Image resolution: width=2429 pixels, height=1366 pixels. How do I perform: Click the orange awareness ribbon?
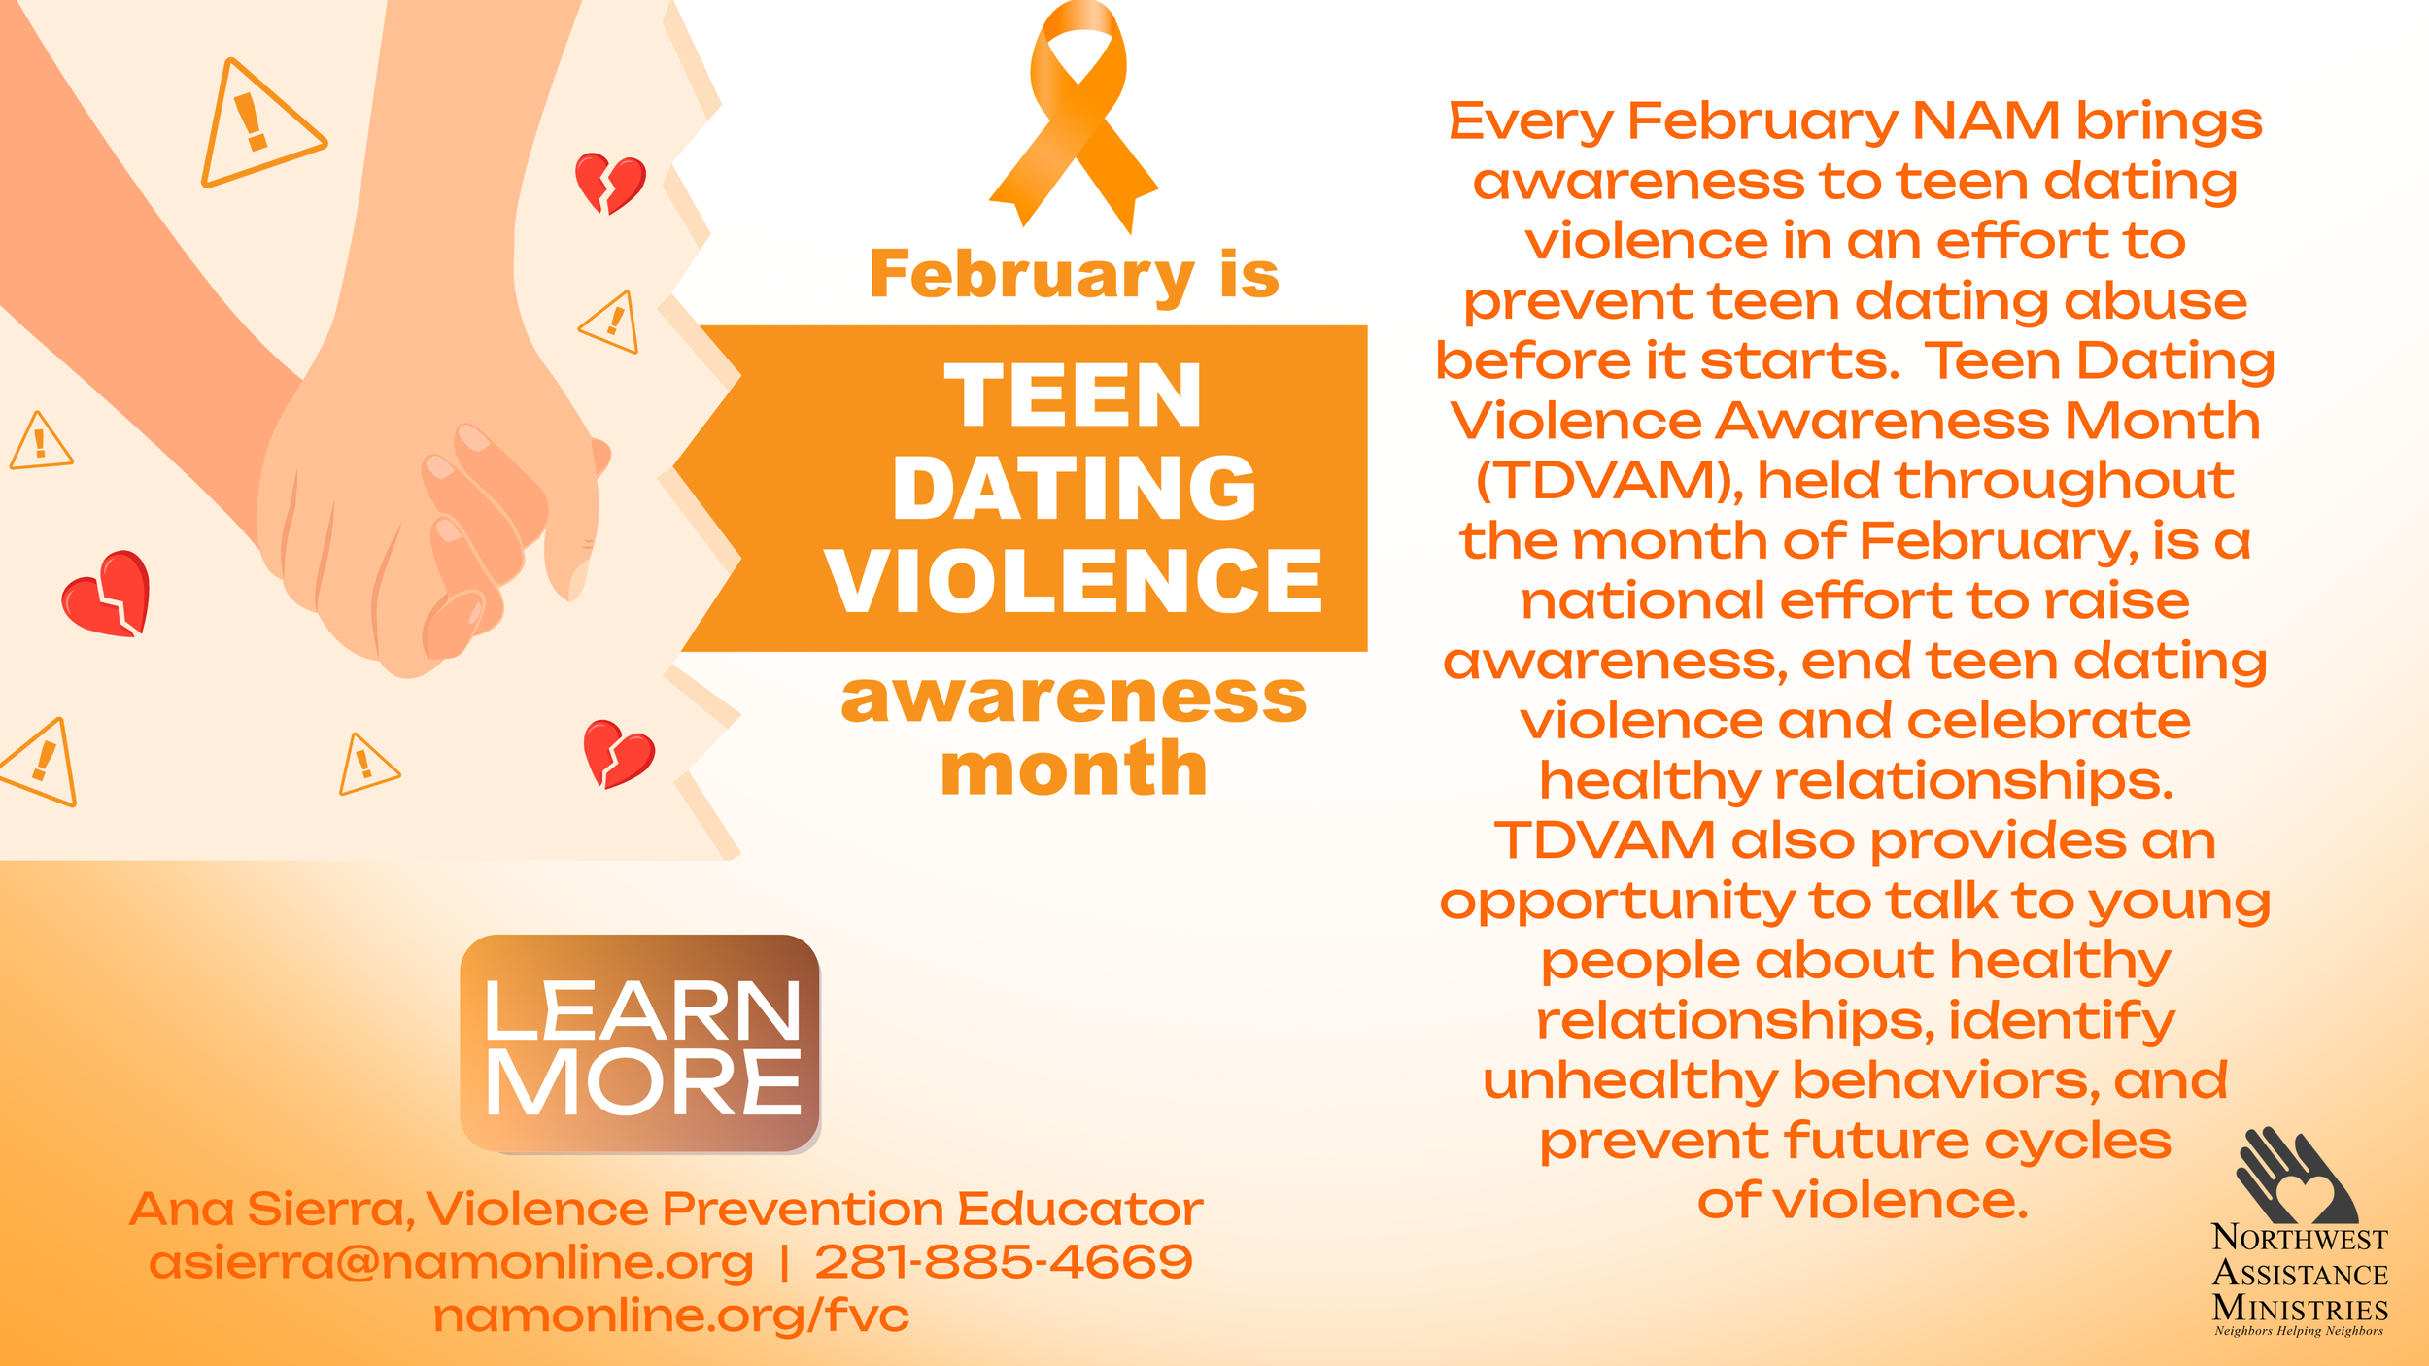[x=1074, y=117]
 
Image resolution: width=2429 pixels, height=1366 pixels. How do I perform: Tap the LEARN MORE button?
[x=640, y=1044]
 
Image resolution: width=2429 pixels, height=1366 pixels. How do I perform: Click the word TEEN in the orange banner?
[x=1073, y=395]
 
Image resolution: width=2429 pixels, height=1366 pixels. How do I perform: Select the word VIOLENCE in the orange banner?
[x=1074, y=581]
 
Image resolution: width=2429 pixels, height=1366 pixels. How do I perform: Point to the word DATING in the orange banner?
[x=1074, y=488]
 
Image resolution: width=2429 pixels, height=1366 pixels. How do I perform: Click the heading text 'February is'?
[x=1074, y=275]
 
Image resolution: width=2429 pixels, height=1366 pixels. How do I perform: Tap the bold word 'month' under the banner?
[x=1074, y=769]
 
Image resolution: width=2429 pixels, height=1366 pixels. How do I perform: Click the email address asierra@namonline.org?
[x=451, y=1263]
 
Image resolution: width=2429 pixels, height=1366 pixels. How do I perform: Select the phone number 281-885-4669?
[x=1003, y=1262]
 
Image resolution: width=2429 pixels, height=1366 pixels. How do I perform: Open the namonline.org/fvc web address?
[x=670, y=1315]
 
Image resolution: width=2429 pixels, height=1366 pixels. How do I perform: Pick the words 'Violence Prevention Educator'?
[x=814, y=1210]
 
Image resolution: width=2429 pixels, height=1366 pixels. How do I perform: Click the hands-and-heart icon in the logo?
[x=2297, y=1177]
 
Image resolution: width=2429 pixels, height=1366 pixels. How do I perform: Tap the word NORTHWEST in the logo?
[x=2299, y=1239]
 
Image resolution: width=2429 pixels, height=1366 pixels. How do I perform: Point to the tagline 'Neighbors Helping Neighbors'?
[x=2299, y=1331]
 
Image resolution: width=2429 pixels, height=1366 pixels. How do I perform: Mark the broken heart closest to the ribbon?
[x=609, y=182]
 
